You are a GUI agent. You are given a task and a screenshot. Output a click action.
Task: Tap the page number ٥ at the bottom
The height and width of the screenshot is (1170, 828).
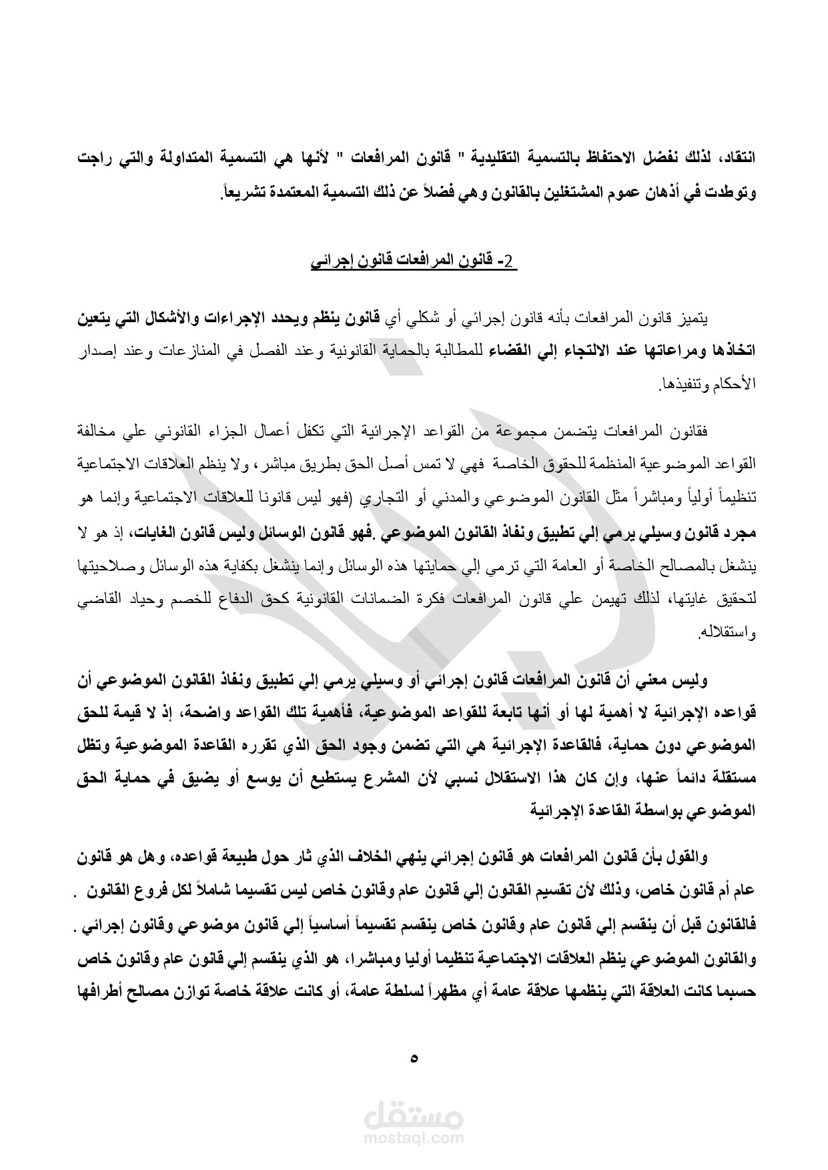414,1058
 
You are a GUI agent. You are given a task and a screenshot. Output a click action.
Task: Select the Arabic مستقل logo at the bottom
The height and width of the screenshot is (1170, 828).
414,1113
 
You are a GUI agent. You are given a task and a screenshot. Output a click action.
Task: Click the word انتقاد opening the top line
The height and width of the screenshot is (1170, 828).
738,160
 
